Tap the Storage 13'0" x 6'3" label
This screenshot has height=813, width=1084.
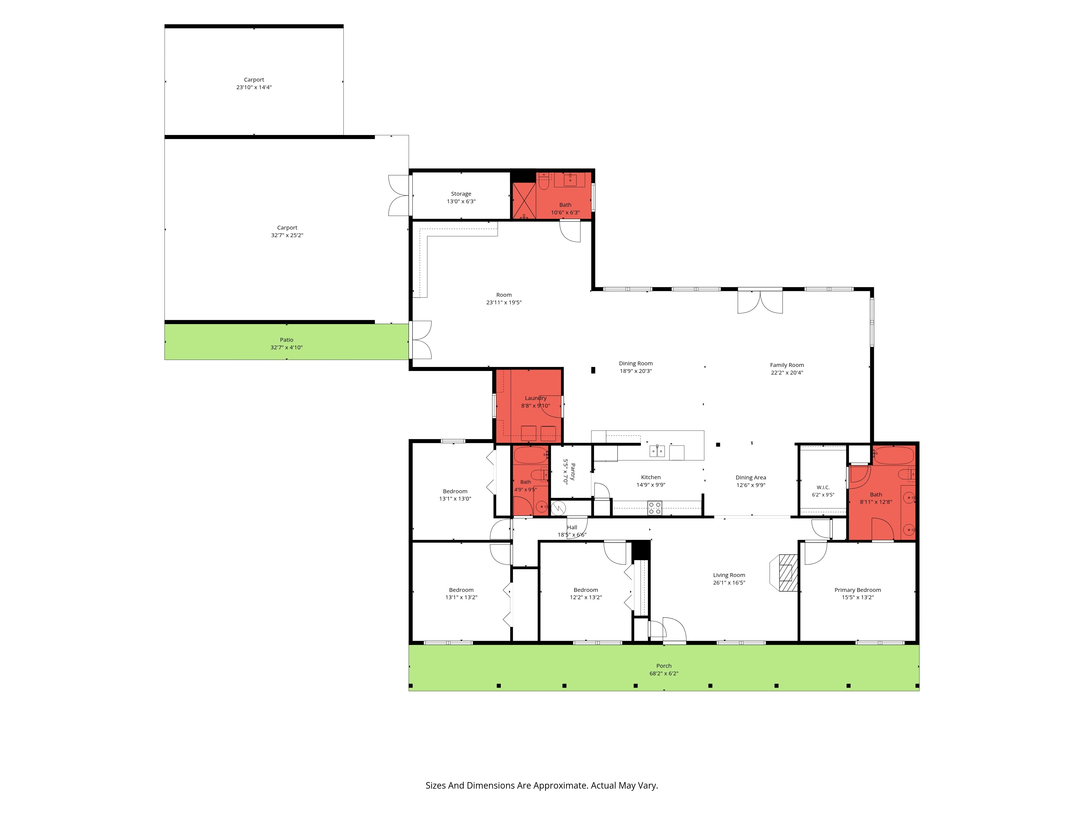coord(461,198)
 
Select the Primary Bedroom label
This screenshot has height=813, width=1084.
coord(858,590)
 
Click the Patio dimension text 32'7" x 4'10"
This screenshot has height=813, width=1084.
coord(287,347)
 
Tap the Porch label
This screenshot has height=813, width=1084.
coord(664,666)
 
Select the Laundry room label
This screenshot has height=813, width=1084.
coord(535,398)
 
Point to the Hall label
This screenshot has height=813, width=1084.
coord(572,527)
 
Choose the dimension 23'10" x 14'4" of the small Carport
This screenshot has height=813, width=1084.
coord(254,87)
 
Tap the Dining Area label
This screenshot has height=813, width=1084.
coord(751,477)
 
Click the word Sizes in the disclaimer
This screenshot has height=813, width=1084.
coord(436,786)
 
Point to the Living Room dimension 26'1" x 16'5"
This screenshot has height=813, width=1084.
coord(729,583)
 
